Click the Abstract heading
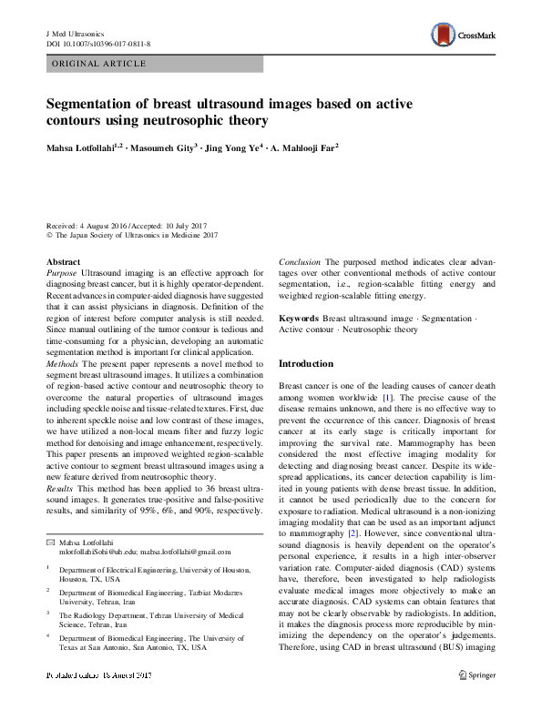coord(62,262)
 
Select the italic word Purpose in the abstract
coord(62,273)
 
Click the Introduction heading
coord(306,364)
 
